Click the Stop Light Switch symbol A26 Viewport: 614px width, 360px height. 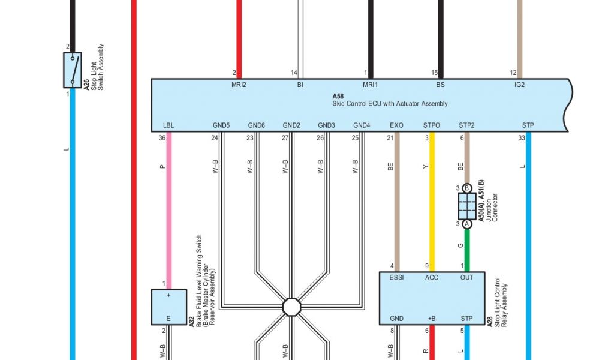click(73, 70)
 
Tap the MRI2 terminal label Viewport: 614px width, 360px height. click(239, 85)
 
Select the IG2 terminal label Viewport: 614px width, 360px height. click(519, 85)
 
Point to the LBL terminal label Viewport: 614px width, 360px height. click(168, 125)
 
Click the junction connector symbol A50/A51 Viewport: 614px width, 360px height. click(467, 206)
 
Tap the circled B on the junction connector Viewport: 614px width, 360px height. click(467, 188)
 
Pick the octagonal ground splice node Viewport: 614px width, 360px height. click(291, 307)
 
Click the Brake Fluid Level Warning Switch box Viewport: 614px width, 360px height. click(168, 307)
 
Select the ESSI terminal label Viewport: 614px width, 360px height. click(397, 278)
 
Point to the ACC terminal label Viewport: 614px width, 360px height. click(432, 278)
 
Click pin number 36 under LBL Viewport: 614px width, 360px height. click(162, 138)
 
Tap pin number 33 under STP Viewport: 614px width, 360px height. click(521, 138)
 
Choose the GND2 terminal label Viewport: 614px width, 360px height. click(291, 125)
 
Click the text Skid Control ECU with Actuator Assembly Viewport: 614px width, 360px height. click(390, 104)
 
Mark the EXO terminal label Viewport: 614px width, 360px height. click(397, 125)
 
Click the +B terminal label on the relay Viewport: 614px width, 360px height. click(432, 318)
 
